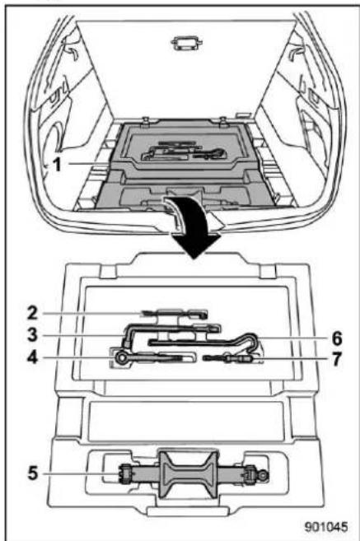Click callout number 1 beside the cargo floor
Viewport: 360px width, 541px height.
click(x=58, y=164)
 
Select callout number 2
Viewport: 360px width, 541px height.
click(x=32, y=313)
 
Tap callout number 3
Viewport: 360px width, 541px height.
click(x=32, y=334)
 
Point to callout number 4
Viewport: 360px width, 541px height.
click(x=32, y=357)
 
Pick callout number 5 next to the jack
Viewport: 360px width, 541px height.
click(x=33, y=473)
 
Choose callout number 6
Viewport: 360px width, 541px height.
click(x=337, y=338)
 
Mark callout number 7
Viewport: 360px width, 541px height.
click(x=337, y=359)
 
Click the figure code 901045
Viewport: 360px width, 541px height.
click(x=326, y=527)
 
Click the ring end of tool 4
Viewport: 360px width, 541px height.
click(x=122, y=358)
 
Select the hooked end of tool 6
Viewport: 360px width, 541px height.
click(x=251, y=341)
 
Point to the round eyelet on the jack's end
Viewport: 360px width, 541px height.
click(x=264, y=475)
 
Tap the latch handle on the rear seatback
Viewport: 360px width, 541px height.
click(x=187, y=44)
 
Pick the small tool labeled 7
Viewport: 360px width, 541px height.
click(x=230, y=359)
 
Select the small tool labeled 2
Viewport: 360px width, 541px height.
click(x=175, y=313)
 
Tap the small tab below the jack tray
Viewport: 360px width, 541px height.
click(x=188, y=511)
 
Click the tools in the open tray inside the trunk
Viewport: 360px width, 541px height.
click(x=183, y=153)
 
